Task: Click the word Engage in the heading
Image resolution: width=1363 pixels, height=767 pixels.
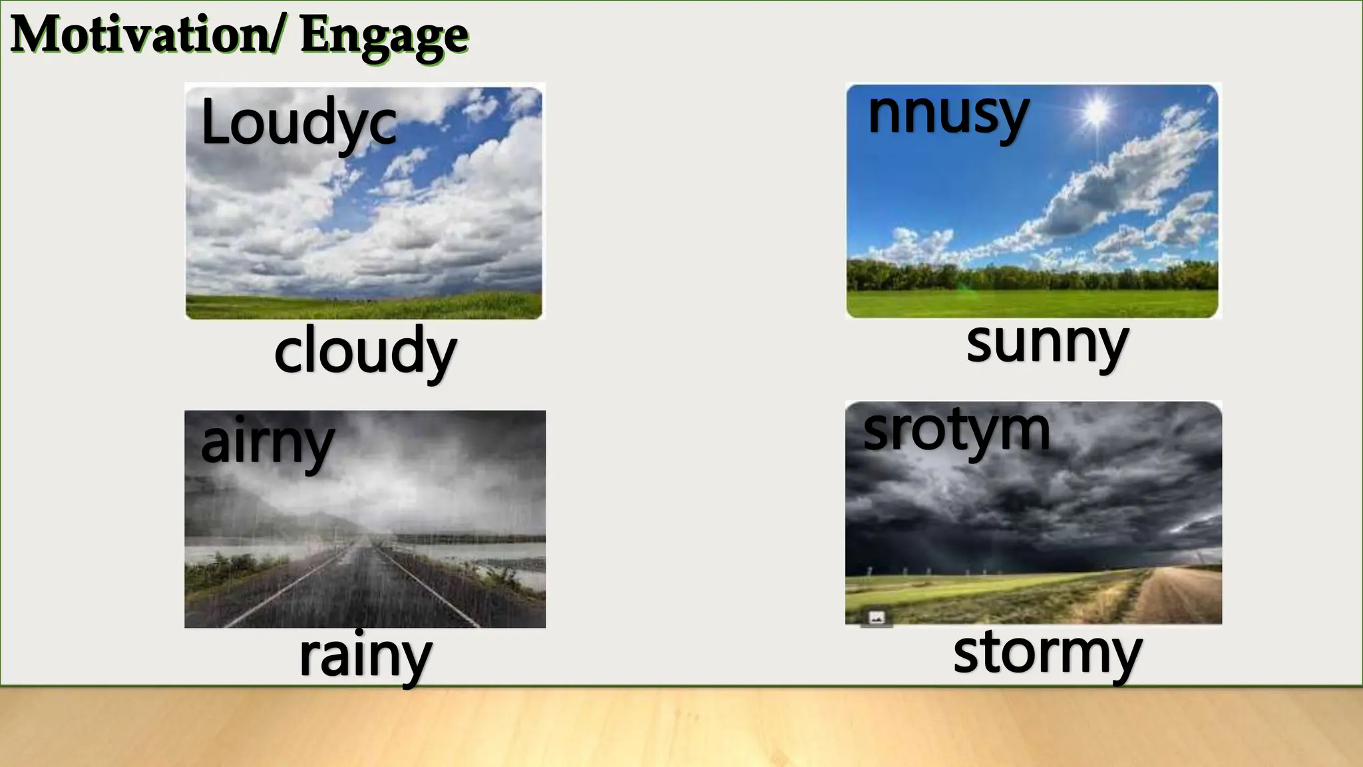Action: pyautogui.click(x=384, y=37)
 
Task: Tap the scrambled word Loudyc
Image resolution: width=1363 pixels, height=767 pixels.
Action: pyautogui.click(x=298, y=124)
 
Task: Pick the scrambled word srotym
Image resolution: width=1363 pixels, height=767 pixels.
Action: pyautogui.click(x=956, y=431)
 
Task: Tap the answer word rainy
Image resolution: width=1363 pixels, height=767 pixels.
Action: pyautogui.click(x=365, y=656)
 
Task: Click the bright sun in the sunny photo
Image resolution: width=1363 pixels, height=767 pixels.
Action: pyautogui.click(x=1095, y=111)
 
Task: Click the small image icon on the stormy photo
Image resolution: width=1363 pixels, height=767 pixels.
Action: pyautogui.click(x=876, y=618)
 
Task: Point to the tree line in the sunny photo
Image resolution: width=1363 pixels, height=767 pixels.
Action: pyautogui.click(x=1032, y=274)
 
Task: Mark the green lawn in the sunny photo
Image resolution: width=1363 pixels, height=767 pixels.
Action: pyautogui.click(x=1032, y=304)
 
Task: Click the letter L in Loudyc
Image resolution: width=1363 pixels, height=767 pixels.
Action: pyautogui.click(x=215, y=123)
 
